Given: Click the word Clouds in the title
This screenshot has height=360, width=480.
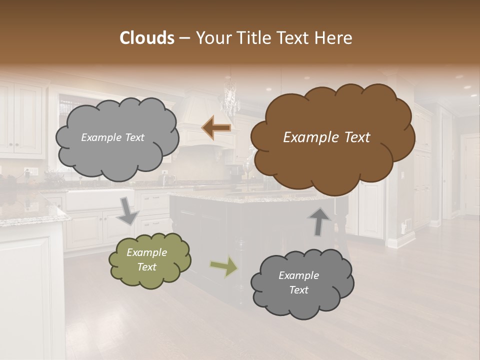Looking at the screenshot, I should [147, 38].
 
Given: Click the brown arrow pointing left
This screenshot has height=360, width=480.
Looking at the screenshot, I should [216, 128].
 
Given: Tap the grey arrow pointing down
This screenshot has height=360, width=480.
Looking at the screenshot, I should [128, 210].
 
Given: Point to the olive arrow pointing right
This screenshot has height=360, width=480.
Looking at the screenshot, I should [224, 266].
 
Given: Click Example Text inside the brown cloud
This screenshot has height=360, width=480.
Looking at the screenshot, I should [326, 137].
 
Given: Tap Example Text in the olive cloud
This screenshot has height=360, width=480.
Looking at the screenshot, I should [147, 260].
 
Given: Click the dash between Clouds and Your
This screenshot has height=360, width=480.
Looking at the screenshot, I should [184, 38].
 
